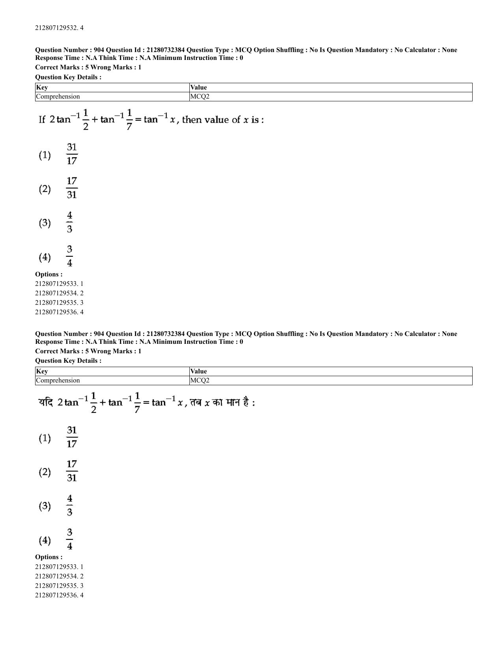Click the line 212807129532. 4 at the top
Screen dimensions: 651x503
pyautogui.click(x=59, y=28)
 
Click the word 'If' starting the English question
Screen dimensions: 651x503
pyautogui.click(x=42, y=119)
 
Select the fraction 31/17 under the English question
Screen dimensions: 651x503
pyautogui.click(x=72, y=154)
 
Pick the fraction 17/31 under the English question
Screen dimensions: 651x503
pyautogui.click(x=72, y=188)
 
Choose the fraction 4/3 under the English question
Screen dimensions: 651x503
pyautogui.click(x=69, y=222)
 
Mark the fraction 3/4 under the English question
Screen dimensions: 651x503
pyautogui.click(x=69, y=256)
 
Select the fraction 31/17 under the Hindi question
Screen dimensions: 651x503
pyautogui.click(x=72, y=437)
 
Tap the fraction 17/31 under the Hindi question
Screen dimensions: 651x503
pyautogui.click(x=72, y=471)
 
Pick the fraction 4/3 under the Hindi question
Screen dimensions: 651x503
pyautogui.click(x=69, y=506)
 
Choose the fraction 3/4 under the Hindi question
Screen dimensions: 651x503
pyautogui.click(x=69, y=539)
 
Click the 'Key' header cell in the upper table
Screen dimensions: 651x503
pyautogui.click(x=42, y=88)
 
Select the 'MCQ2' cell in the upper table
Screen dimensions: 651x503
pyautogui.click(x=200, y=97)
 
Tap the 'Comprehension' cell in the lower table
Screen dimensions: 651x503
pyautogui.click(x=58, y=381)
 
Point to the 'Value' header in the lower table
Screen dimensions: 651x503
pyautogui.click(x=198, y=371)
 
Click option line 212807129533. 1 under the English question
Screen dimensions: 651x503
pyautogui.click(x=59, y=284)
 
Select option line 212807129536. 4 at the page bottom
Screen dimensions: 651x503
pyautogui.click(x=59, y=595)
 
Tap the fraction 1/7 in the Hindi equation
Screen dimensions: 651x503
pyautogui.click(x=137, y=403)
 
